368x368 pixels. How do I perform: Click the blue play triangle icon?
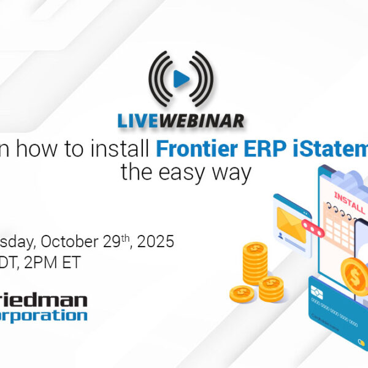tap(180, 79)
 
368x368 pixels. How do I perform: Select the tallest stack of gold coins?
tap(255, 264)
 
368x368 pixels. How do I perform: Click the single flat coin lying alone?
tap(242, 294)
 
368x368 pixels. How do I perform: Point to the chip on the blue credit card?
tap(318, 290)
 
